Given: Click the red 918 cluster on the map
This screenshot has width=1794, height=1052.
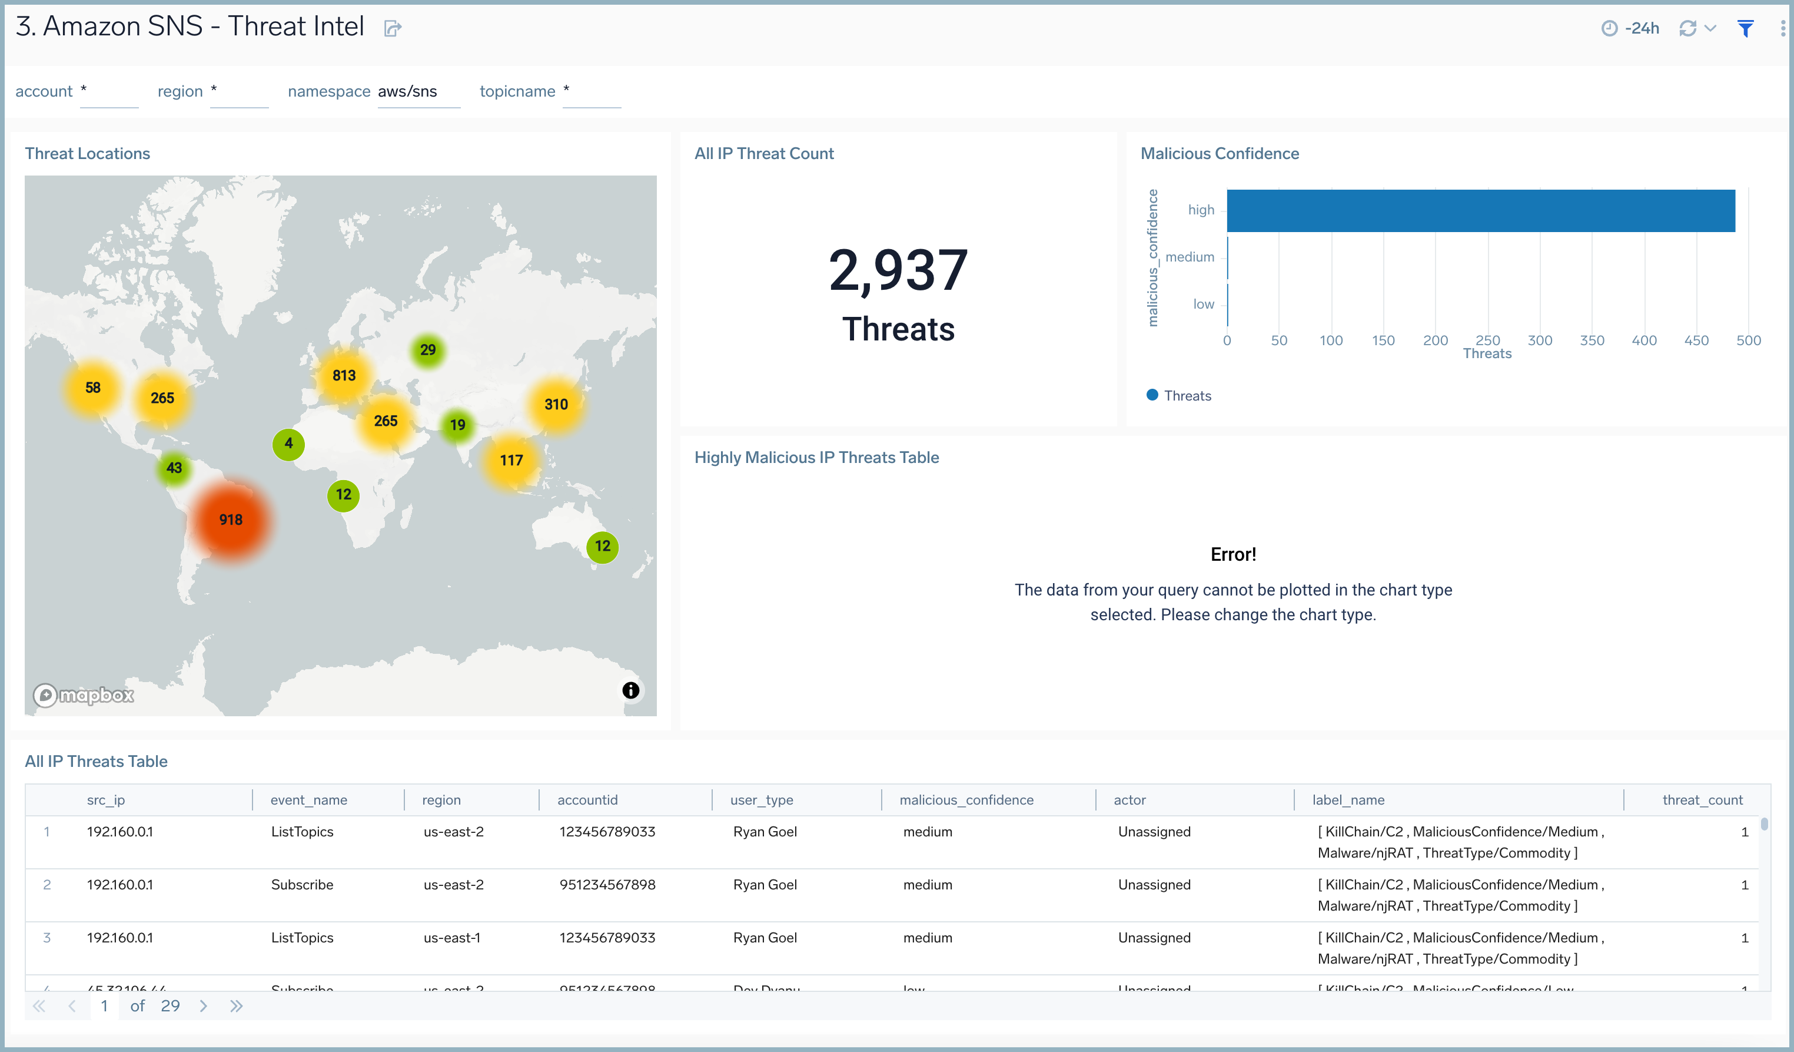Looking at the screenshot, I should click(x=231, y=520).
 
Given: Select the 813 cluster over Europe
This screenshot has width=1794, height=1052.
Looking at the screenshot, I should click(x=344, y=375).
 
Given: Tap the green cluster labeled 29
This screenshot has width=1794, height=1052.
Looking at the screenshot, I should click(x=427, y=350).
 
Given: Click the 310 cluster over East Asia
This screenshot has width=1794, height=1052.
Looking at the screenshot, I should click(x=556, y=405).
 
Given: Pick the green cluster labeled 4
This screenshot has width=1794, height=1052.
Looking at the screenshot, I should click(x=288, y=444).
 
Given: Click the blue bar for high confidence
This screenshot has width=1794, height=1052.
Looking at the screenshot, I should click(x=1481, y=211).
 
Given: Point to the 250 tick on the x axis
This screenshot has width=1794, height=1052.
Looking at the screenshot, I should click(x=1487, y=340).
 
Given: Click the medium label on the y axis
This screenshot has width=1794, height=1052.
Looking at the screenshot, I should click(x=1190, y=257).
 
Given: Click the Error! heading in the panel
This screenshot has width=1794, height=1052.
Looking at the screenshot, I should click(x=1233, y=554).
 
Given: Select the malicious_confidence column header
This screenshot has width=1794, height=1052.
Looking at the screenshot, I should click(x=966, y=800).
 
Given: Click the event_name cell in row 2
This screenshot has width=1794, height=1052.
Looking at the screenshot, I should click(x=302, y=885).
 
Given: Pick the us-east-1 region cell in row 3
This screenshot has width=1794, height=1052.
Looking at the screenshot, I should click(x=451, y=937).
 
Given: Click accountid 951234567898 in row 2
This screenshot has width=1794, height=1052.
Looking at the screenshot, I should click(x=607, y=885).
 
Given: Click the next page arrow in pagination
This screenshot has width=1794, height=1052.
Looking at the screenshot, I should click(x=204, y=1005).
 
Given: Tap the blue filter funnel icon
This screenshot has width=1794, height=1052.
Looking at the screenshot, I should click(x=1745, y=28).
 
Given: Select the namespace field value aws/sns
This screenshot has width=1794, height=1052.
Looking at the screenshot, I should click(x=407, y=91).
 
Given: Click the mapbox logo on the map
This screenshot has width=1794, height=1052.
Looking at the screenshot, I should click(x=84, y=694).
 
